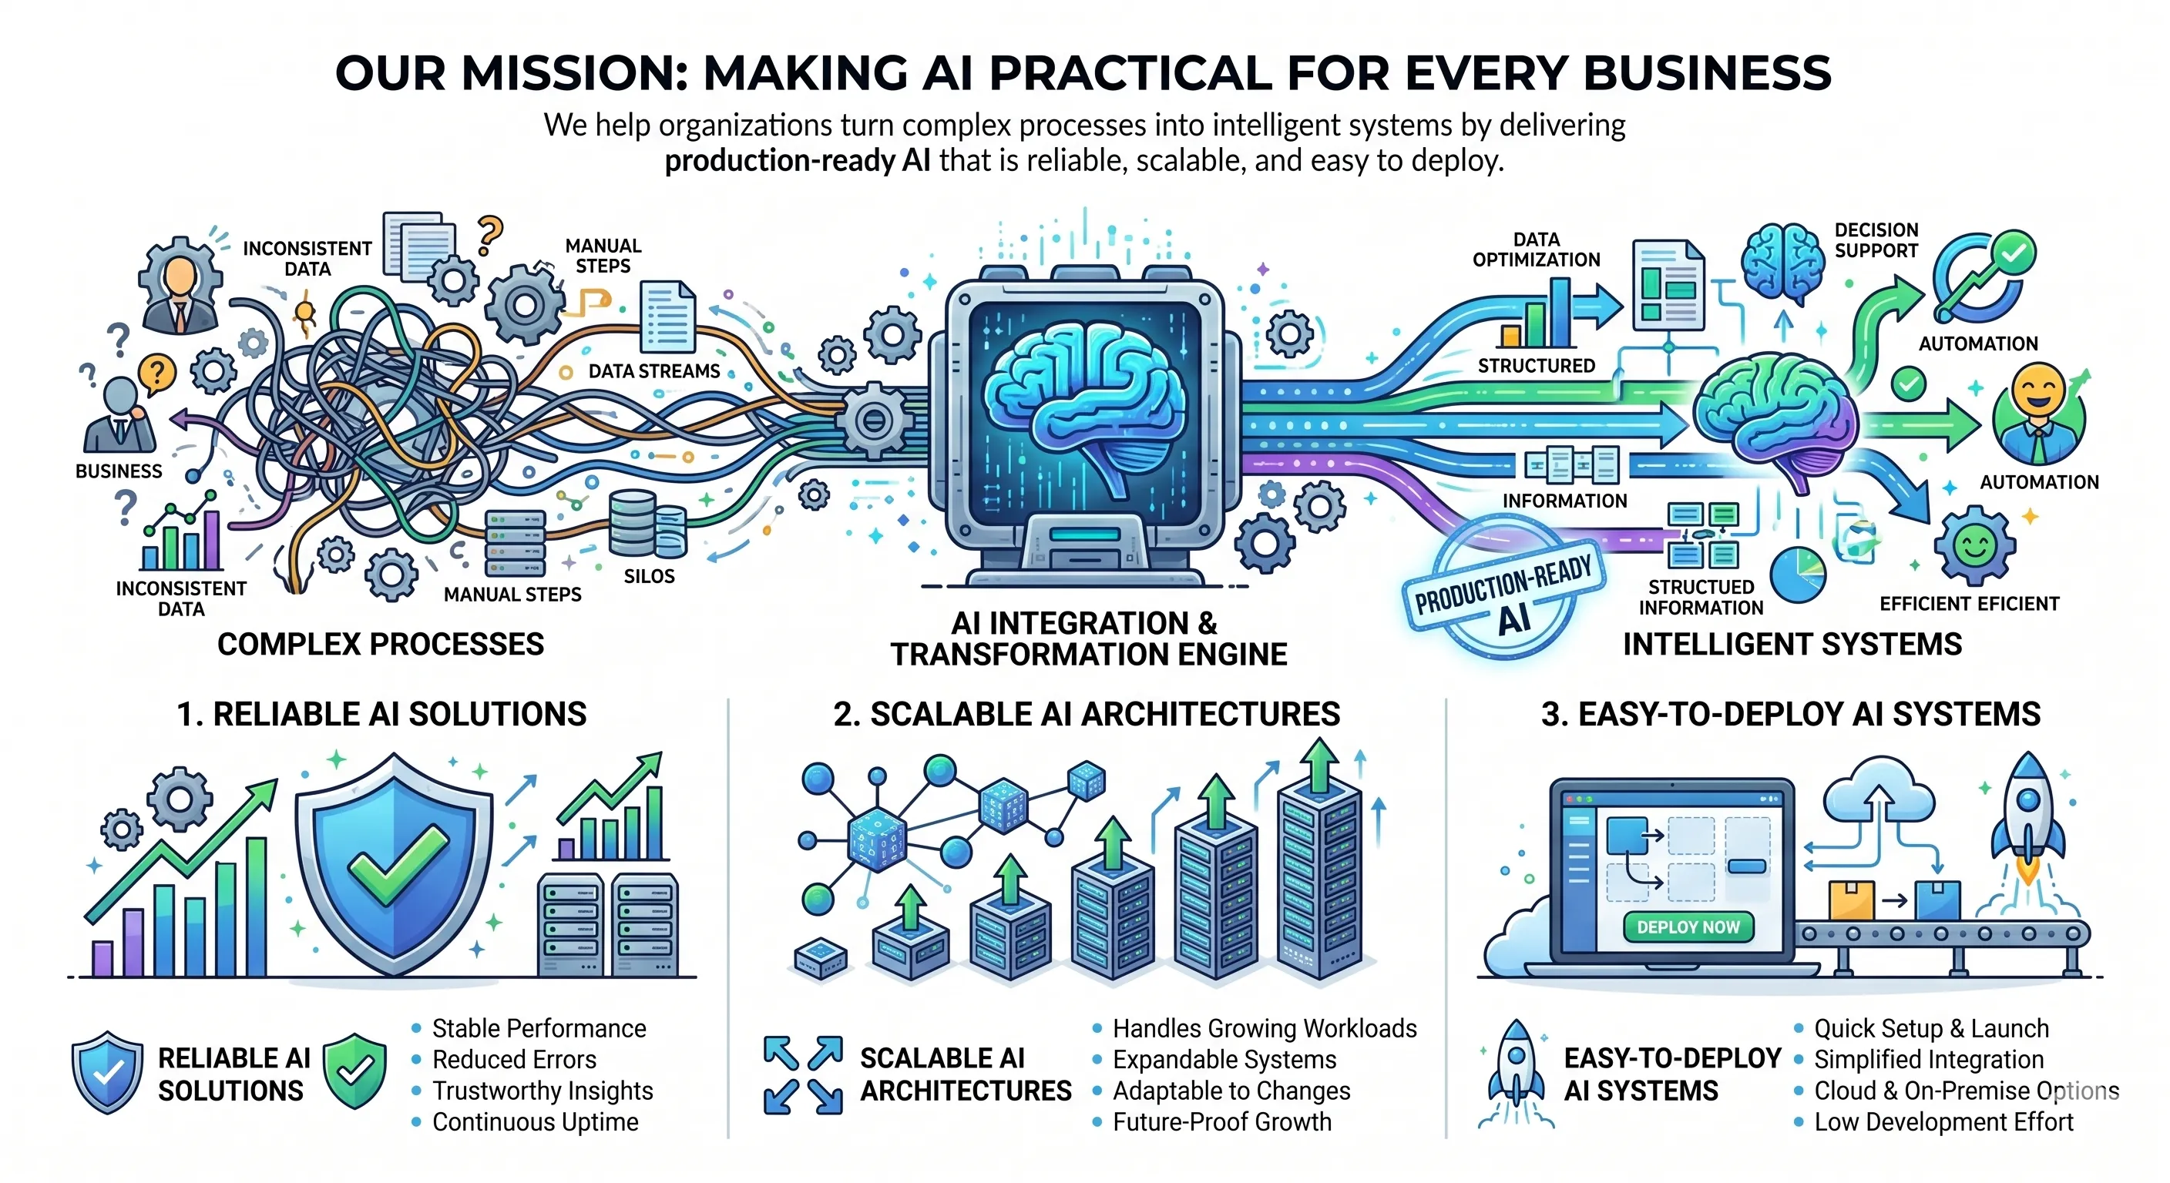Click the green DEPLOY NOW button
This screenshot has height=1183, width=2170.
1688,927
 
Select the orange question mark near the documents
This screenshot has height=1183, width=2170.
489,234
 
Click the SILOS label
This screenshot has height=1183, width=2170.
649,577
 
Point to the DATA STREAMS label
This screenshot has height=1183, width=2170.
653,371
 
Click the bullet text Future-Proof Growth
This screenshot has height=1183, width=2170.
1221,1121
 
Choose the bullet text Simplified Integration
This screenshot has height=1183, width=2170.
1928,1059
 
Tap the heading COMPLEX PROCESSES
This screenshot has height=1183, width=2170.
381,644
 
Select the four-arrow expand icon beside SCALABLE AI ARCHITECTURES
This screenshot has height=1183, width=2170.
803,1074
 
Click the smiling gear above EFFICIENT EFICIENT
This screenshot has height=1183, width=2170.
1974,545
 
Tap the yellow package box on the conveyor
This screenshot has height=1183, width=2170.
1851,900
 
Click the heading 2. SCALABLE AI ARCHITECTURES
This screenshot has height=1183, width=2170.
1086,714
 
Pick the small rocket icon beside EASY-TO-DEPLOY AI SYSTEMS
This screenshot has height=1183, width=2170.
1517,1069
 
